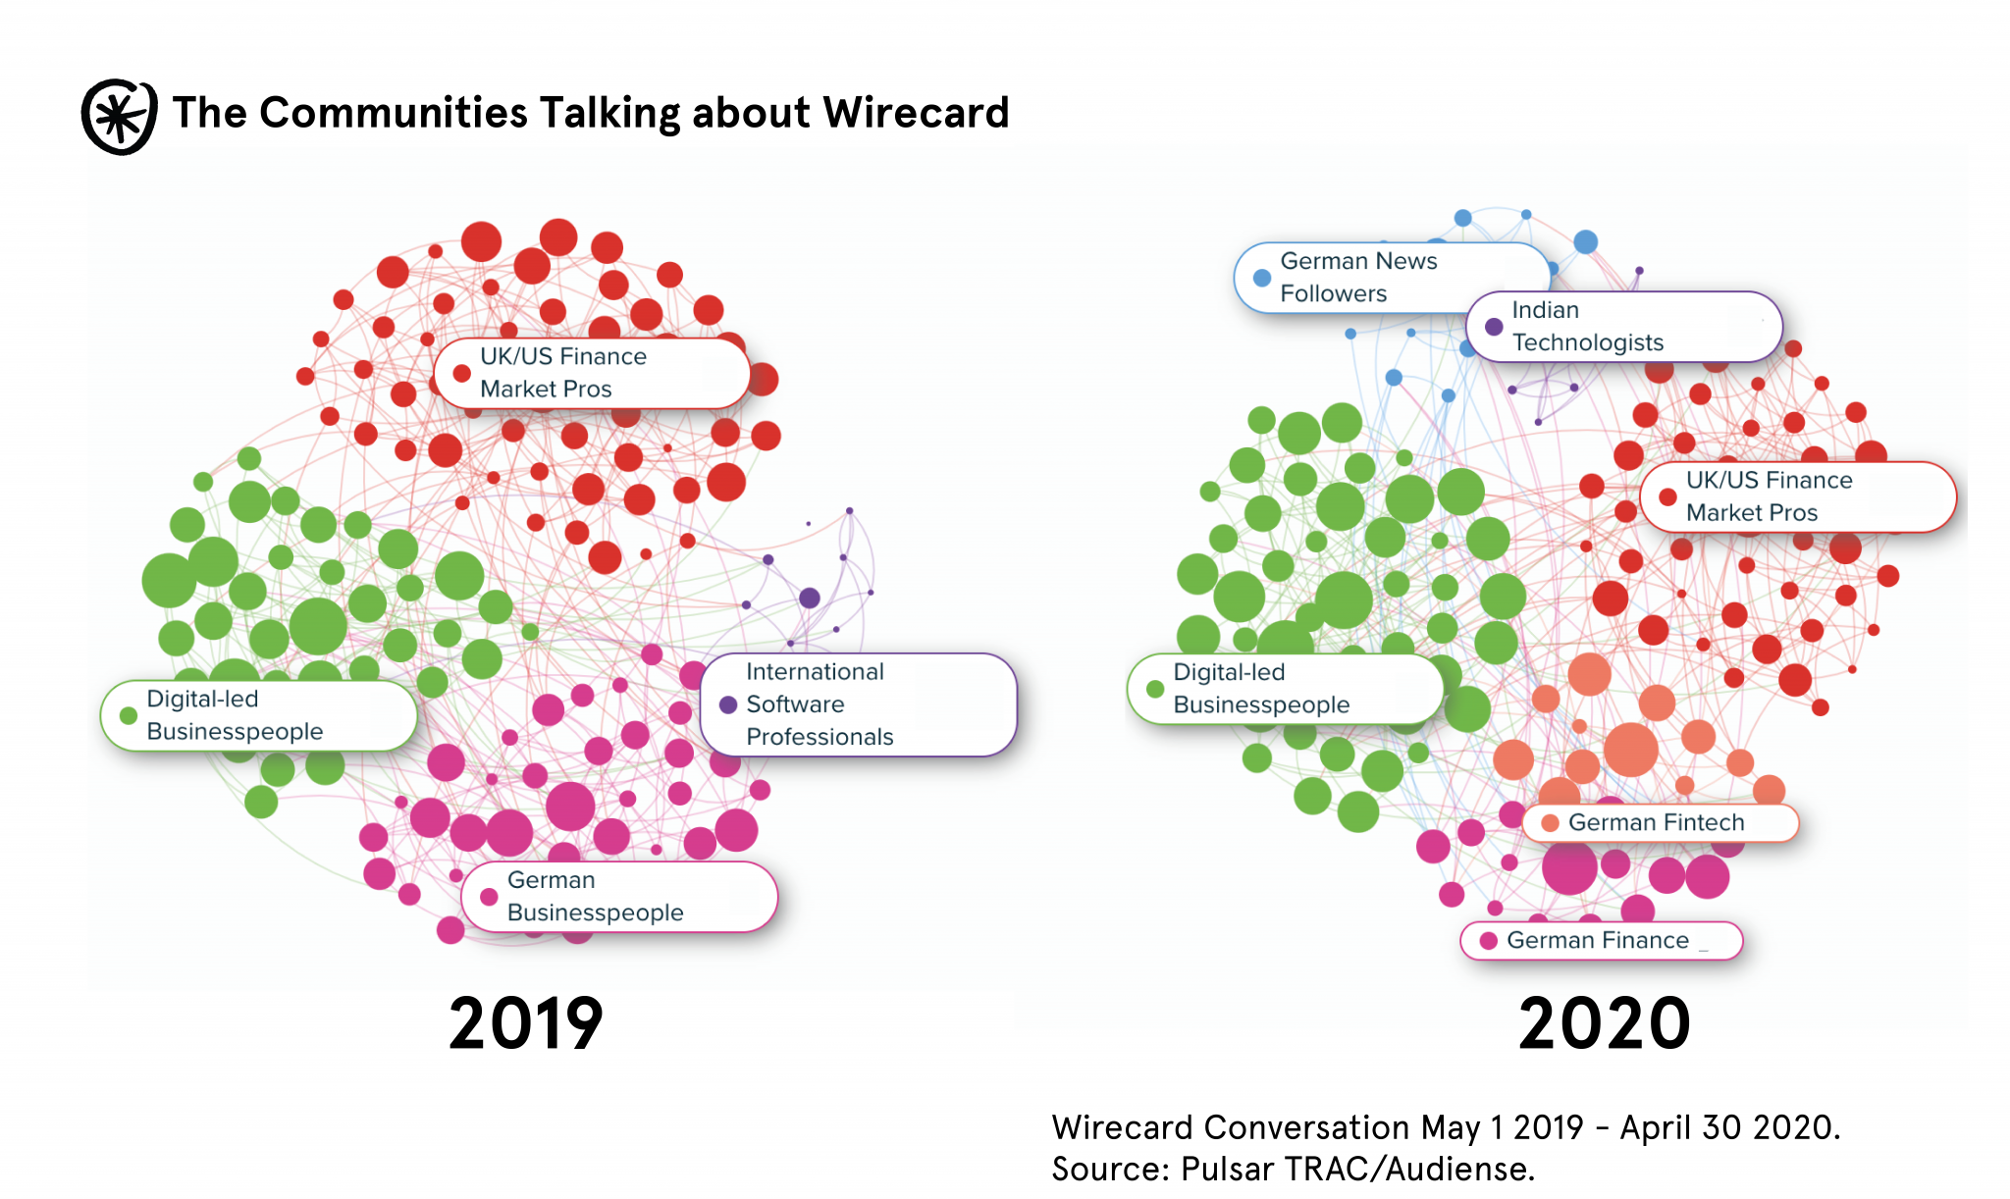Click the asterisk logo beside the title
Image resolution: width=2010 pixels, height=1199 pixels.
(119, 116)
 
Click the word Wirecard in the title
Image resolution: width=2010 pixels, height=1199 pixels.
(916, 113)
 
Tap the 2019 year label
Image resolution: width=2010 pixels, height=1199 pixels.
(525, 1023)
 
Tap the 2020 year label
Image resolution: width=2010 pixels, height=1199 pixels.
(1604, 1023)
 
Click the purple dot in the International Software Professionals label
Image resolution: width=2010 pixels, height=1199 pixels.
(728, 704)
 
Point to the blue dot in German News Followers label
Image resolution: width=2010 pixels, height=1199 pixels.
(1262, 278)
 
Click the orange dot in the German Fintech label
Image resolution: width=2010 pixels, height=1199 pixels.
(1551, 822)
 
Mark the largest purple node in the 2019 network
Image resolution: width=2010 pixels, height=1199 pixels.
(810, 598)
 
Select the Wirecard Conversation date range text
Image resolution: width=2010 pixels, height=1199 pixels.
(1446, 1127)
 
